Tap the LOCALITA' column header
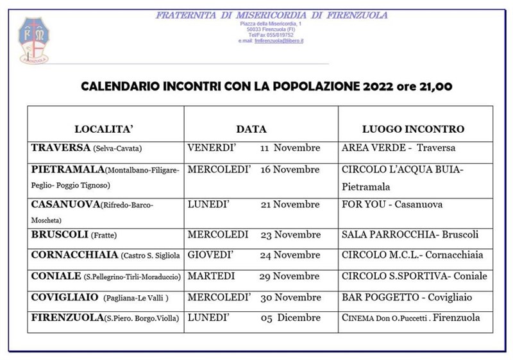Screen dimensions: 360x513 [x=104, y=129]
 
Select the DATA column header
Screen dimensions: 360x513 [x=251, y=129]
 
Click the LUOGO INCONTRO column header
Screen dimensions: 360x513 [x=413, y=129]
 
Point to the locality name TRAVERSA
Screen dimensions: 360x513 [x=60, y=148]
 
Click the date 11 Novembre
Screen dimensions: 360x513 [x=290, y=148]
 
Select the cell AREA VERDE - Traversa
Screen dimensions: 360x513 [x=398, y=148]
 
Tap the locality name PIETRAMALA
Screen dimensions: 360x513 [x=67, y=170]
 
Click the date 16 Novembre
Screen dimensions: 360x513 [x=289, y=170]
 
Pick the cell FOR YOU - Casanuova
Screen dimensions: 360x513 [x=392, y=205]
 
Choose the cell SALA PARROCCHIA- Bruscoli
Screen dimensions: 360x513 [x=410, y=235]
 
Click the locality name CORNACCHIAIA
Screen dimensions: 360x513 [x=74, y=255]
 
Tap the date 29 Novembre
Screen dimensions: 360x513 [x=289, y=277]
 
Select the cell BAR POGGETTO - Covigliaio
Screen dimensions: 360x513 [x=407, y=298]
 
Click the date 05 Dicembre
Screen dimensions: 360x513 [x=290, y=318]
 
